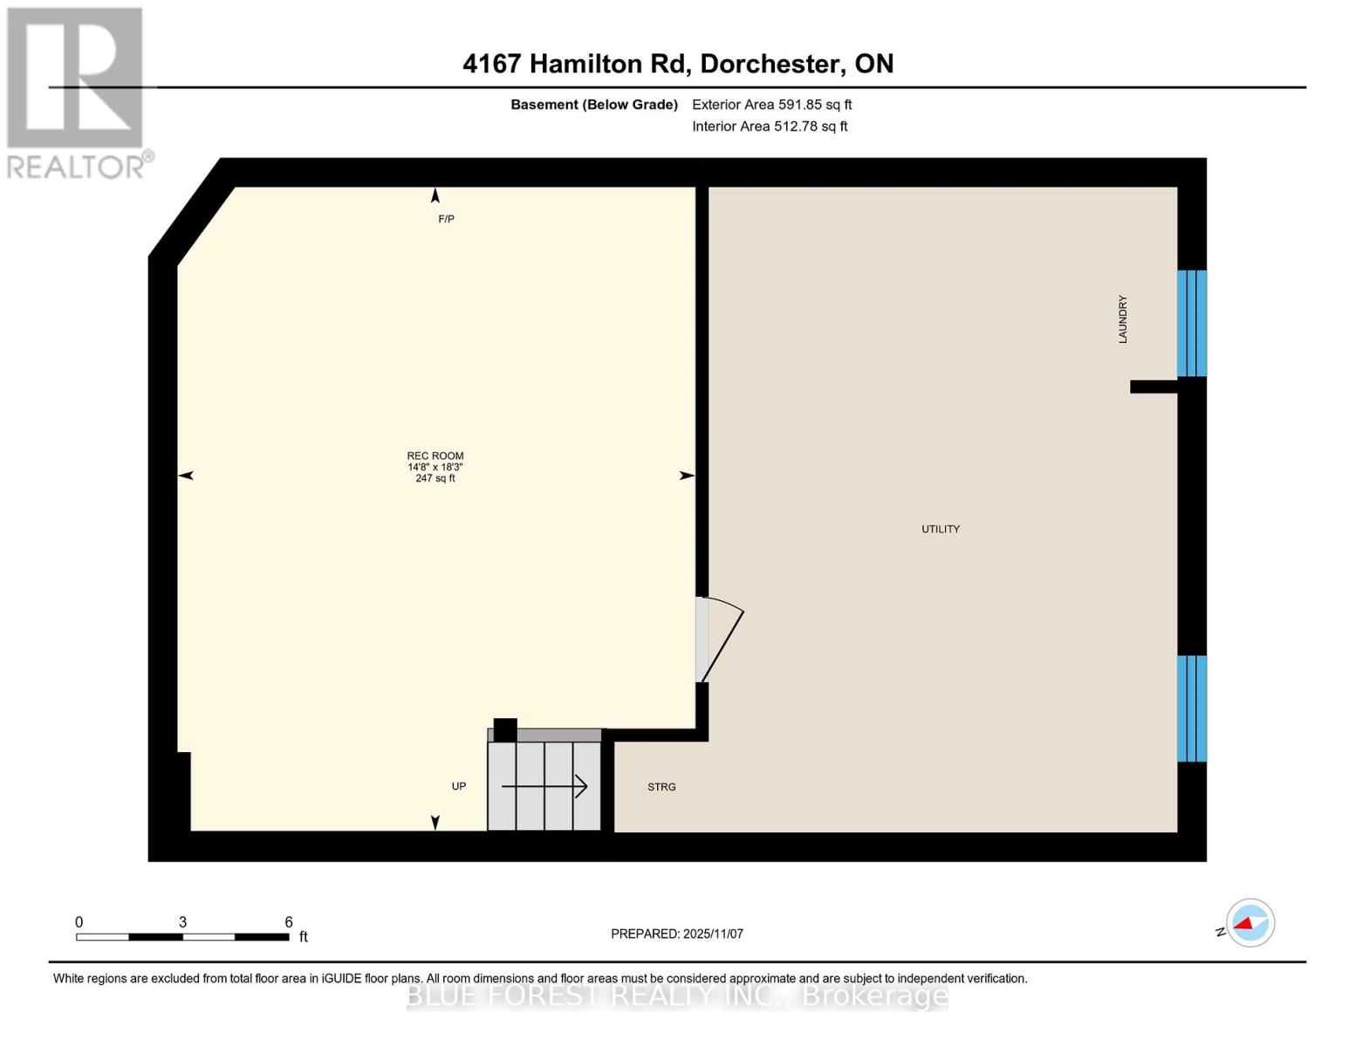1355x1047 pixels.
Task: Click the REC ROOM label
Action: [x=435, y=455]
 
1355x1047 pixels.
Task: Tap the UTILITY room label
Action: [x=940, y=529]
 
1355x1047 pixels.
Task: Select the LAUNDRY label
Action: [x=1123, y=318]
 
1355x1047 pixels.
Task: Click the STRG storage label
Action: [x=661, y=787]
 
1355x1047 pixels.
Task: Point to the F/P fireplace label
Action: [x=446, y=219]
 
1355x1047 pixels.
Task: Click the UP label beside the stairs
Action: [x=458, y=786]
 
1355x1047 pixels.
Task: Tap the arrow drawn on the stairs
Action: [x=544, y=787]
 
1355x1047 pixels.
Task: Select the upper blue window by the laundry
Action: [x=1191, y=323]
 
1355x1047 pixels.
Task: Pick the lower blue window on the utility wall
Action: [x=1191, y=708]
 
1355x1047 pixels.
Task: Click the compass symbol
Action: [x=1249, y=922]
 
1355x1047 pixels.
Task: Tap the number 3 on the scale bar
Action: [x=182, y=921]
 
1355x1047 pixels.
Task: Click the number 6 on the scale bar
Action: [x=289, y=921]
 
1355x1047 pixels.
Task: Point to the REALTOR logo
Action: [x=77, y=92]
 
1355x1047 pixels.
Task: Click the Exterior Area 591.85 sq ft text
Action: [x=771, y=105]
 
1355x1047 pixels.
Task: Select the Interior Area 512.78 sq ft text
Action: [x=770, y=127]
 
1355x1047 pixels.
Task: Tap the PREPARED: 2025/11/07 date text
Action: [x=676, y=934]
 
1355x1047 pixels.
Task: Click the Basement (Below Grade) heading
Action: [x=593, y=105]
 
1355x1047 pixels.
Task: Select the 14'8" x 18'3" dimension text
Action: [x=435, y=467]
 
